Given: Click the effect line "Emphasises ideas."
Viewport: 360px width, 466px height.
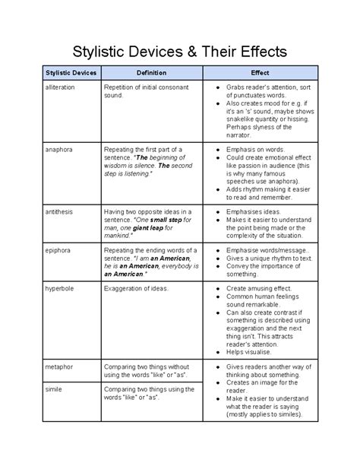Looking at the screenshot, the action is tap(249, 211).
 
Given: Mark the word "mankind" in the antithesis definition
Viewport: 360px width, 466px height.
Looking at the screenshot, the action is tap(118, 235).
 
